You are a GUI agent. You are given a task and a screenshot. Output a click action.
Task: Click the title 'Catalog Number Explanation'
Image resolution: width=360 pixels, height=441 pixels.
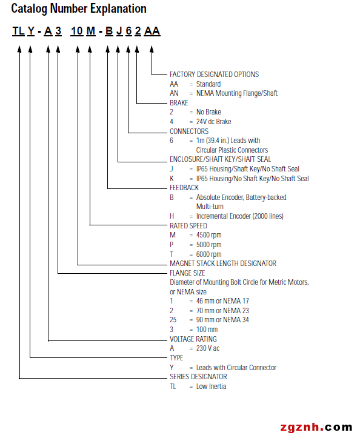[79, 9]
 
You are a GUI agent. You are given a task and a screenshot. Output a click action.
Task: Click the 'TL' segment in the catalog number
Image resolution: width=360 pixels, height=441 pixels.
[19, 31]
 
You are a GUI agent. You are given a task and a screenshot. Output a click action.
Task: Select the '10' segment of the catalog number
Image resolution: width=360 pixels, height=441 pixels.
[76, 31]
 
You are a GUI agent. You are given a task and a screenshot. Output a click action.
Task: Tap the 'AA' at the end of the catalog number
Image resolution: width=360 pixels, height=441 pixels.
[152, 31]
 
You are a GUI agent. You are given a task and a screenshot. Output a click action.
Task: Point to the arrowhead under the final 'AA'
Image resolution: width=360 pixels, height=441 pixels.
[152, 49]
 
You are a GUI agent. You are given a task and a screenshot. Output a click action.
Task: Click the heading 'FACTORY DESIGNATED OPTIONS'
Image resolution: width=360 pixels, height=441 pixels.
[214, 75]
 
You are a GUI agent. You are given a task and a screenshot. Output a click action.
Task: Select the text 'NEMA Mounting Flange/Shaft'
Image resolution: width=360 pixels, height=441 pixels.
[237, 93]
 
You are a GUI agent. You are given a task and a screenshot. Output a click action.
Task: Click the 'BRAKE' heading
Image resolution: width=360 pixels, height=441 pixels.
[179, 103]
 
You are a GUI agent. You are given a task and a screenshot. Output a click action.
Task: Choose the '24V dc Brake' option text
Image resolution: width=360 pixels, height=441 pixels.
[213, 122]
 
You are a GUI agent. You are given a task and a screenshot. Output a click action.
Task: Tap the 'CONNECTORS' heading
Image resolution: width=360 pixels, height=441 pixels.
[189, 131]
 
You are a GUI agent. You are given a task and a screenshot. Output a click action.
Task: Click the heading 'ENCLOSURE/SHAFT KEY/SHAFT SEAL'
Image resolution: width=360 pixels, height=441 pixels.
[220, 159]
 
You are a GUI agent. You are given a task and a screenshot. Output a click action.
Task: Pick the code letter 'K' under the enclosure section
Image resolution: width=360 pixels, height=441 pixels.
[172, 179]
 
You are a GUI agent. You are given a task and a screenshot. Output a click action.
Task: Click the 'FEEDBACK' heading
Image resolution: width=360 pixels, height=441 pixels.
[184, 188]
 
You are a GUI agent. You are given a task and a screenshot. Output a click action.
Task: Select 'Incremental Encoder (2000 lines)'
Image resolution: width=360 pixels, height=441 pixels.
[240, 216]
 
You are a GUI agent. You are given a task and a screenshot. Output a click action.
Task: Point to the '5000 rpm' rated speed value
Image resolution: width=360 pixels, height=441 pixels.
[209, 245]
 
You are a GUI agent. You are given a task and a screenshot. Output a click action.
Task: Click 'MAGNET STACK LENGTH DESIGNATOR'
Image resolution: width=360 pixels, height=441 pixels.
[223, 264]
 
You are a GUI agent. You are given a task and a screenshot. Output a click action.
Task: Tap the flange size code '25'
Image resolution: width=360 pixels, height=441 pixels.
[173, 320]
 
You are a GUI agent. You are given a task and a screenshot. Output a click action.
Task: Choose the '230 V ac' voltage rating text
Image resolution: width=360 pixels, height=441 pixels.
[208, 348]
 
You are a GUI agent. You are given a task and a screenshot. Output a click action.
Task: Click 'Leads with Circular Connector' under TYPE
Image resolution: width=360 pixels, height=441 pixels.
[236, 368]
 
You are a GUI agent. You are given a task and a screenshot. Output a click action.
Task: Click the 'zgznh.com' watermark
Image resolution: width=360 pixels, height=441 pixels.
[316, 427]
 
